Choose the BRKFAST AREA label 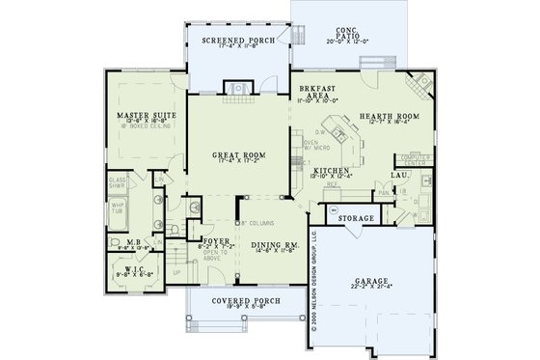318,88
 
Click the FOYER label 214,241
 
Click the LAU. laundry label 397,176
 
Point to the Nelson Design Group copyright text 314,282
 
